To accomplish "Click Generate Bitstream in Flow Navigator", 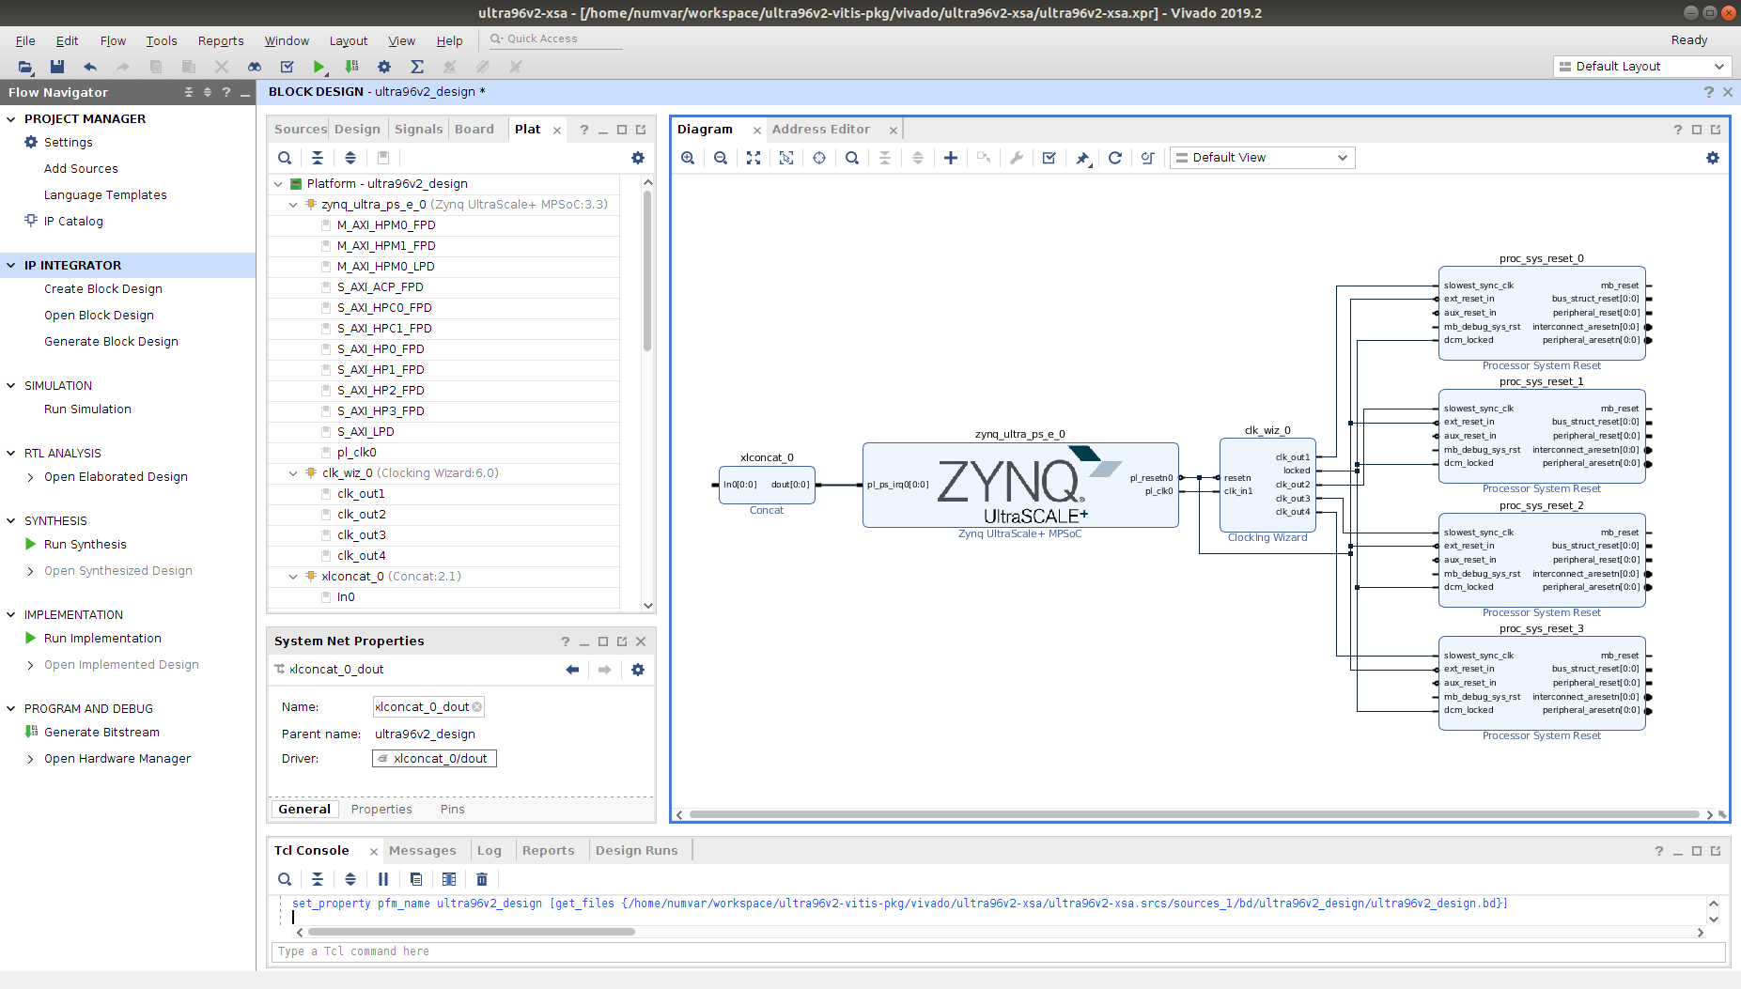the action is click(101, 732).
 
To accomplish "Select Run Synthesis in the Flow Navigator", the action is click(85, 544).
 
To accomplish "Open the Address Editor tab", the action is click(820, 129).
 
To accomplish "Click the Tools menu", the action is click(161, 40).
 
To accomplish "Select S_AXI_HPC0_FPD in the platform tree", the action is click(384, 307).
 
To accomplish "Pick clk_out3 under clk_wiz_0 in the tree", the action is click(361, 534).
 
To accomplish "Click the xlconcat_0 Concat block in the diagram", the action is click(766, 485).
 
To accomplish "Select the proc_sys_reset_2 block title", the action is click(1541, 505).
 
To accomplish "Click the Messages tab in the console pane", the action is click(422, 850).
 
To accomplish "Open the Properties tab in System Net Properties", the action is click(381, 809).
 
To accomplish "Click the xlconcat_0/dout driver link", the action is click(440, 758).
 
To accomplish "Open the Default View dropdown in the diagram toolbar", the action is click(1261, 157).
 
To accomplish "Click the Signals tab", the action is click(418, 129).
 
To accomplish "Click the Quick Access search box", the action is click(559, 39).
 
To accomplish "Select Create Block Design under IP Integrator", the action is click(103, 288).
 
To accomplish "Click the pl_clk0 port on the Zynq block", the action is click(1158, 491).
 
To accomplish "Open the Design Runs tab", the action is click(636, 850).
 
